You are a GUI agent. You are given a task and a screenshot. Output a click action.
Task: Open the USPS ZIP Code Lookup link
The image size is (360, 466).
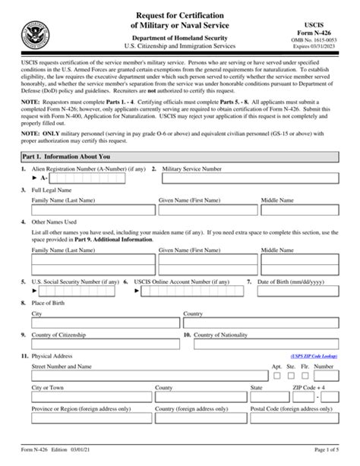[x=314, y=355]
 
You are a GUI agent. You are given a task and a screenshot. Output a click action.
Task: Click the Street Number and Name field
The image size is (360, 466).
[x=148, y=375]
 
